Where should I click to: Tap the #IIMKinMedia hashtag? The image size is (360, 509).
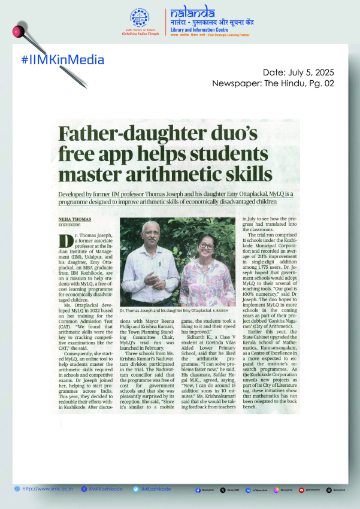pos(62,59)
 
